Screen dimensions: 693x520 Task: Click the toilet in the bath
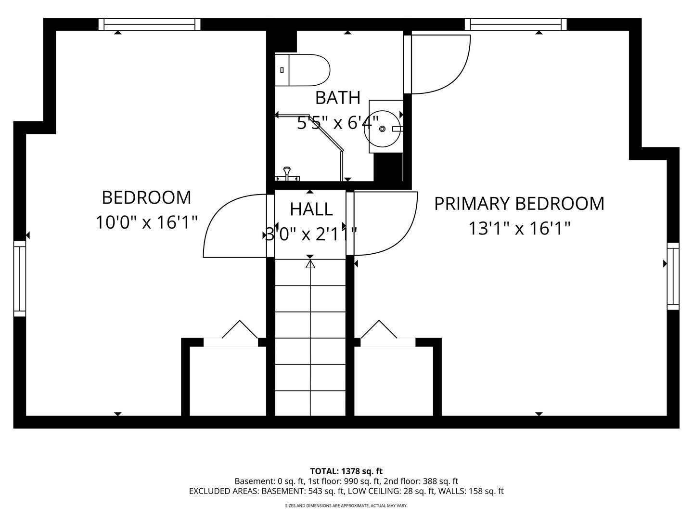(302, 70)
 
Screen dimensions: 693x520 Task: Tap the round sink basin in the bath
(383, 129)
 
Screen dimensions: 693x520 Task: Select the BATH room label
(337, 98)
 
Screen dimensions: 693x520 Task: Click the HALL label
(311, 209)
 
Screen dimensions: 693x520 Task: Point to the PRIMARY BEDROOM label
(519, 204)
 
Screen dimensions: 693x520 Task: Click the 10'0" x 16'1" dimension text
(146, 222)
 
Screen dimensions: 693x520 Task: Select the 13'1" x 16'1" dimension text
(519, 228)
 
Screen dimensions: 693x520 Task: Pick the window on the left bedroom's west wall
(20, 279)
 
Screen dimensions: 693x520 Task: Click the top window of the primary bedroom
(515, 24)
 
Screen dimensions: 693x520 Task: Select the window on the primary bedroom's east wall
(673, 276)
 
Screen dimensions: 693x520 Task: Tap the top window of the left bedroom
(149, 24)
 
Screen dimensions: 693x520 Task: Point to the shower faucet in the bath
(287, 175)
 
